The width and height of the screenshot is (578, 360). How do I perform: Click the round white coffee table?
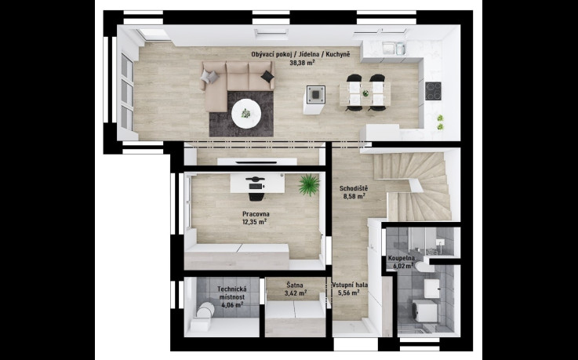(x=246, y=114)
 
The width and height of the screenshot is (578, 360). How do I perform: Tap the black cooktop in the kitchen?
(x=433, y=91)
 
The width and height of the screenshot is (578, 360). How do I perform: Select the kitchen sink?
(x=394, y=49)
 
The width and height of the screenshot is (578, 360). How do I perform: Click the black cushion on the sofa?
(x=267, y=76)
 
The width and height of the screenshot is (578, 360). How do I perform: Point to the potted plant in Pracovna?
(x=309, y=184)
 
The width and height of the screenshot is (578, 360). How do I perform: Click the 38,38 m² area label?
(x=302, y=63)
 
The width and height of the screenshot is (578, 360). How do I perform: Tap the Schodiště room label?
(x=354, y=189)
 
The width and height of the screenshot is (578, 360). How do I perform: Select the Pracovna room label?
(x=256, y=214)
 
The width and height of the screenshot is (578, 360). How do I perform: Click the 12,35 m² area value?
(x=254, y=222)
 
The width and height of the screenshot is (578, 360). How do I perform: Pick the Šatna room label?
(x=295, y=285)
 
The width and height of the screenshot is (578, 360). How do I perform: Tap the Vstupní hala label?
(x=350, y=285)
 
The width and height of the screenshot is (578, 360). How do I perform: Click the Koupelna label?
(x=402, y=258)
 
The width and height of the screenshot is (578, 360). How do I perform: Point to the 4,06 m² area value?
(x=232, y=305)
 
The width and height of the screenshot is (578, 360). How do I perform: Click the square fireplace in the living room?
(x=316, y=94)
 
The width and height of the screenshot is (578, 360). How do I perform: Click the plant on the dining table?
(x=365, y=93)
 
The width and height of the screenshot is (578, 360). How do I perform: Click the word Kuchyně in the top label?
(x=338, y=55)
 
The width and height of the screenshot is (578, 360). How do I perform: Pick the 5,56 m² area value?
(x=349, y=293)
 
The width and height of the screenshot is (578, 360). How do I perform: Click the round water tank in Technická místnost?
(x=205, y=310)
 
